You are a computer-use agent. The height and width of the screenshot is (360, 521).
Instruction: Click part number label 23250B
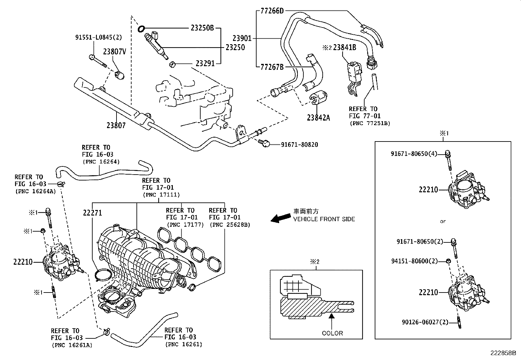[x=202, y=28]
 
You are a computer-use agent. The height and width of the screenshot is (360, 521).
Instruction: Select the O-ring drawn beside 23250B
[x=141, y=29]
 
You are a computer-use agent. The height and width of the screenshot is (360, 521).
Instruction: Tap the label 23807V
[x=115, y=51]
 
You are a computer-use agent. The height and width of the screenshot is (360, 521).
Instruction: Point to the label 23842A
[x=318, y=117]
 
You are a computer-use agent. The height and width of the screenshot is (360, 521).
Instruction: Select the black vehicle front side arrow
[x=281, y=218]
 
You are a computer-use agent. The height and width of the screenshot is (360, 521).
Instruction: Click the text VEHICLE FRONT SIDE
[x=324, y=219]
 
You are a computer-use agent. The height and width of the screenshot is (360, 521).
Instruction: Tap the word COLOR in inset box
[x=332, y=333]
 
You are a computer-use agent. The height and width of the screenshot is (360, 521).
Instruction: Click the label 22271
[x=92, y=213]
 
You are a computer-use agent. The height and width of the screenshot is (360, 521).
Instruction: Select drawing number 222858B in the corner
[x=503, y=353]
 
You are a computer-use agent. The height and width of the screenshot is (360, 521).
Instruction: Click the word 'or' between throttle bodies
[x=442, y=221]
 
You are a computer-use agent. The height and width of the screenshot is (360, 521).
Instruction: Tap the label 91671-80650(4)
[x=414, y=153]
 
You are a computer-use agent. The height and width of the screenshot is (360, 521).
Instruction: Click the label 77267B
[x=272, y=67]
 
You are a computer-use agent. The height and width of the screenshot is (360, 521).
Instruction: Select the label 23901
[x=242, y=38]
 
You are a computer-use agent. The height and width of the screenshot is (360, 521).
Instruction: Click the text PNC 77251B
[x=370, y=123]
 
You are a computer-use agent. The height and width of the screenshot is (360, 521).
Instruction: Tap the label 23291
[x=205, y=63]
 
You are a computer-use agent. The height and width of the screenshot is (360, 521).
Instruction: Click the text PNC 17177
[x=185, y=225]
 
